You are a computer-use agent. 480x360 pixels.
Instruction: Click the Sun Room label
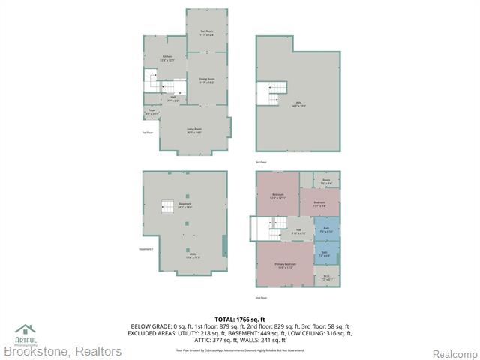point(206,32)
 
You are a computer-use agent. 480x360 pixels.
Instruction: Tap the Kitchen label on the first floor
point(167,58)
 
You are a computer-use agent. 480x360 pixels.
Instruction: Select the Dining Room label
point(207,80)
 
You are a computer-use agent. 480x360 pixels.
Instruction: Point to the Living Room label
point(194,130)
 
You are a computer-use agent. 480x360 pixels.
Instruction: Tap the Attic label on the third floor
point(298,104)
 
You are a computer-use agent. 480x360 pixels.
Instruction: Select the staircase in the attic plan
point(271,93)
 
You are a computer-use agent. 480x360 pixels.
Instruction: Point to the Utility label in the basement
point(184,256)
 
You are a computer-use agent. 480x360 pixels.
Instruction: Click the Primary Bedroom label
point(285,265)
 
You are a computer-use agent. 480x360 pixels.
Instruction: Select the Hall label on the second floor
point(298,231)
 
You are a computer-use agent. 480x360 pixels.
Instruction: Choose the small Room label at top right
point(326,181)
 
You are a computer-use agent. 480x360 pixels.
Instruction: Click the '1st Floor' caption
point(148,133)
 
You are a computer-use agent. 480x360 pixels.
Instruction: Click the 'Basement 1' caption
point(146,249)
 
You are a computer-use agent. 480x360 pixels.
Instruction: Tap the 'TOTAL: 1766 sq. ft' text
point(241,319)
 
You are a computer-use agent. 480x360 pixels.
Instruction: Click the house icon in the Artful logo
point(25,328)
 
